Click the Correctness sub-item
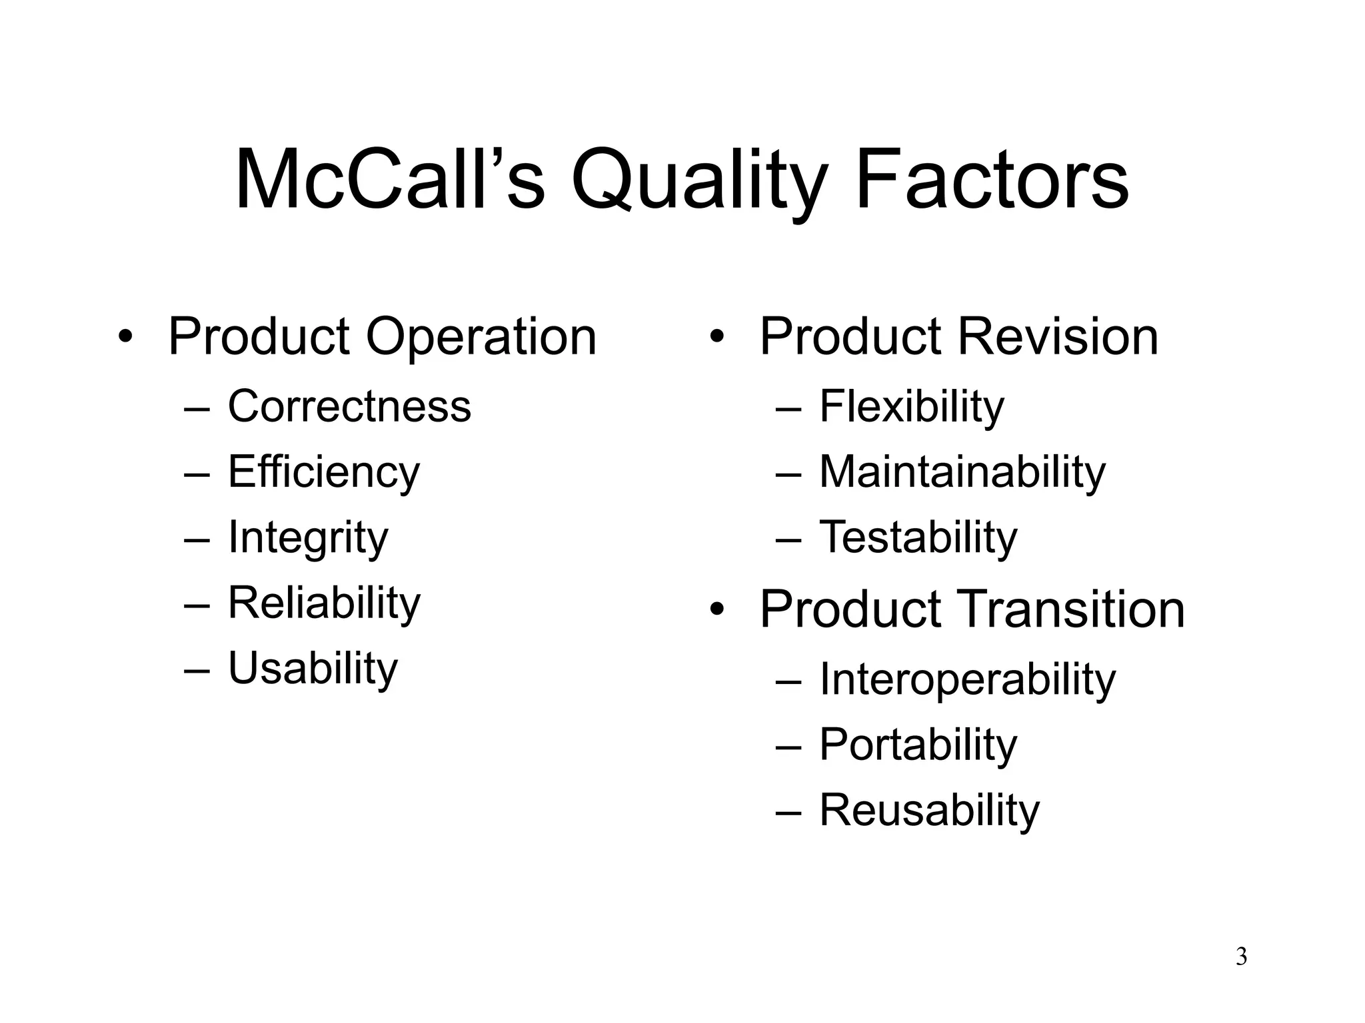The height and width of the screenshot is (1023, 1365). [x=349, y=406]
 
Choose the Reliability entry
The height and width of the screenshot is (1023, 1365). [x=324, y=603]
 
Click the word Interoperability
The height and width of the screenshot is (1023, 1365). [x=967, y=680]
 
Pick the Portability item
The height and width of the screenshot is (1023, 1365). [x=918, y=745]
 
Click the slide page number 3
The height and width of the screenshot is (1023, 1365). [x=1241, y=957]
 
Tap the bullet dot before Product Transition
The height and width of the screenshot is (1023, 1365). [x=716, y=609]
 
